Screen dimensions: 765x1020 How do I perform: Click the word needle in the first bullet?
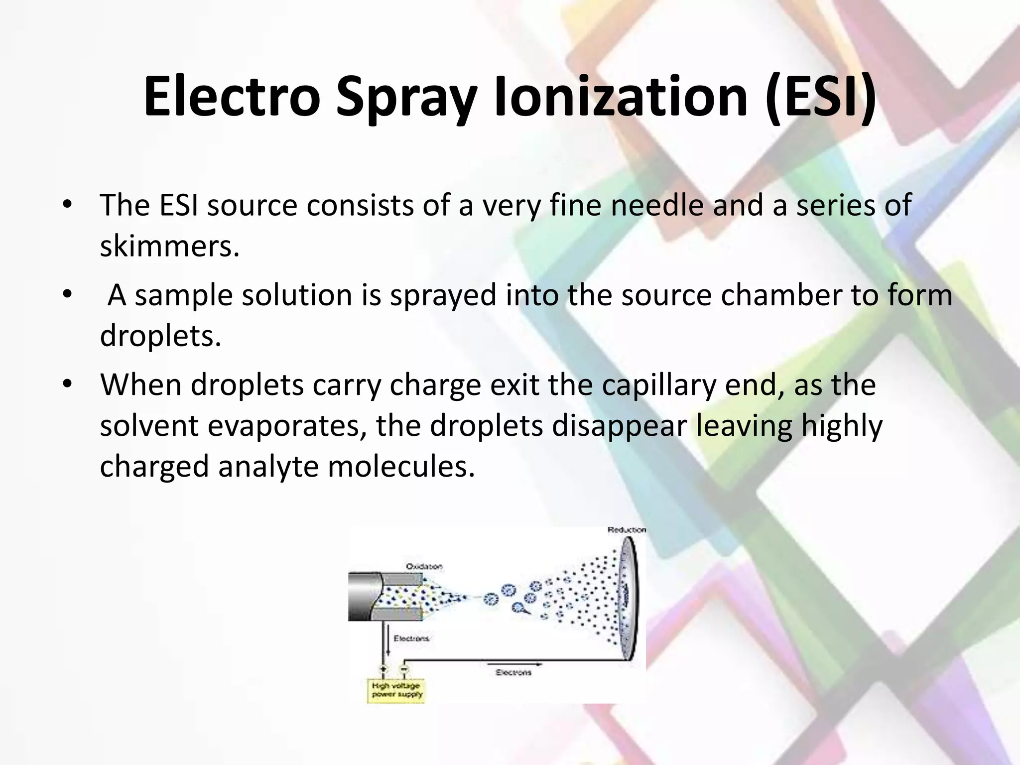coord(657,205)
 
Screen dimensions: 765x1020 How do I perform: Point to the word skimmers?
coord(169,246)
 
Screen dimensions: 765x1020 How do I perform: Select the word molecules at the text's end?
coord(401,467)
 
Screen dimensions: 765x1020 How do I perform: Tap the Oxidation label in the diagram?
coord(424,566)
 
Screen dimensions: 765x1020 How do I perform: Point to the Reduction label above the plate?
coord(627,530)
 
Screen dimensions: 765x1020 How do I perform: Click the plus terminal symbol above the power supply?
coord(384,669)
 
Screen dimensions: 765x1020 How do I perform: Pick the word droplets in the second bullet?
coord(161,336)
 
